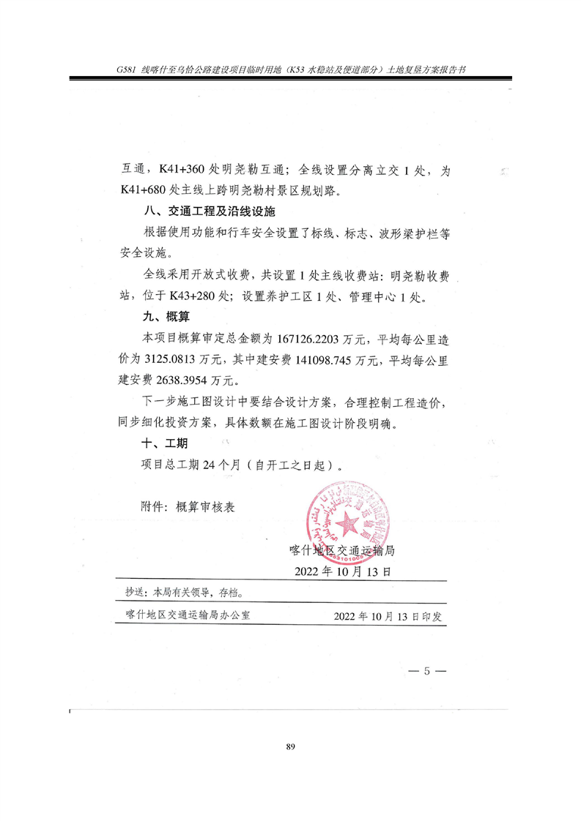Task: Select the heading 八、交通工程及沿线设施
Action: click(x=207, y=212)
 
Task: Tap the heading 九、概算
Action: click(x=165, y=316)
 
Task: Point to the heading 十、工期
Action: click(x=165, y=443)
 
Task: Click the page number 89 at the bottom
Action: click(x=290, y=746)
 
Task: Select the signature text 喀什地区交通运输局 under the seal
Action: click(x=343, y=550)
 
